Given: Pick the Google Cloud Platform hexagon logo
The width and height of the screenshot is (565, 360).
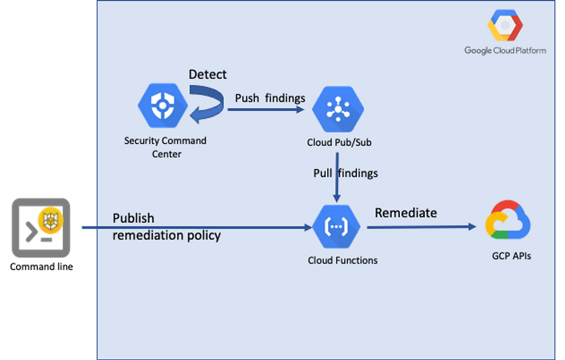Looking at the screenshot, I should [505, 26].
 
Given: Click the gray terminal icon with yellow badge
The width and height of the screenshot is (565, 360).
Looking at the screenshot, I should [41, 228].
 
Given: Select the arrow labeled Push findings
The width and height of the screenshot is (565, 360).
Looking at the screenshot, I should [266, 110].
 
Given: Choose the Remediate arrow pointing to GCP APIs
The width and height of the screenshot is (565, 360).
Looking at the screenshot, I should [422, 227].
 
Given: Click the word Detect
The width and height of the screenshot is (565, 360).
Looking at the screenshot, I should [208, 74].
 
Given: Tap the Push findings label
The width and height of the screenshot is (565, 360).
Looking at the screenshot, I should [270, 98].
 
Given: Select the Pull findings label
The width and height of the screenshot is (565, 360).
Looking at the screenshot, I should [346, 173].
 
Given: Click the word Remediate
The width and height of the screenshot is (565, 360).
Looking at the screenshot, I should [406, 213].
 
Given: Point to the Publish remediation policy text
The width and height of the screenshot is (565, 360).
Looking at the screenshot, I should [166, 227].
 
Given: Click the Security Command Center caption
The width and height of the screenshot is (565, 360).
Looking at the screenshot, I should [165, 147].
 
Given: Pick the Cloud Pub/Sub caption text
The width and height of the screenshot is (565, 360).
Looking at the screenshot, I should [339, 142].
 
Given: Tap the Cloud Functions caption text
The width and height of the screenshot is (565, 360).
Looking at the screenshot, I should [343, 260].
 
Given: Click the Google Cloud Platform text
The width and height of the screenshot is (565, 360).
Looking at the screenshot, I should [505, 50].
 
